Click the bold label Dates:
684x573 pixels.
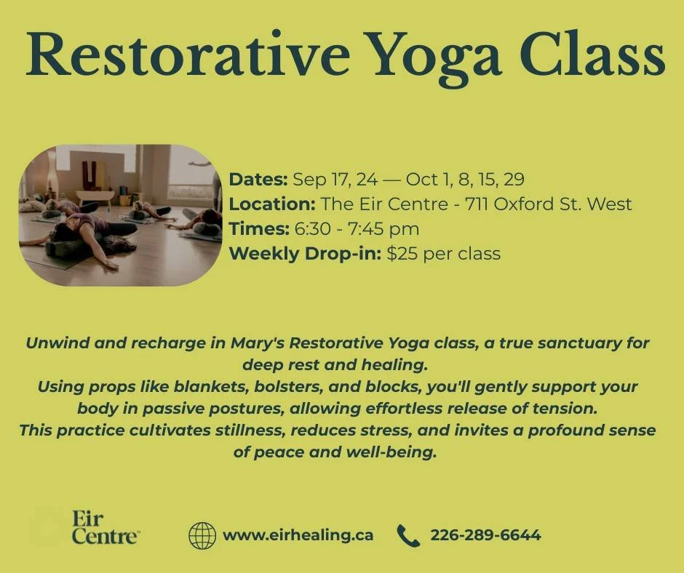pos(258,180)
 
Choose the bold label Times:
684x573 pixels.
pos(258,229)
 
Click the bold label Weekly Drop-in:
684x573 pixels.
pos(306,254)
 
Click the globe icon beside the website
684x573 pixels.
pos(202,536)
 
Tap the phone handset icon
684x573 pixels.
pos(408,536)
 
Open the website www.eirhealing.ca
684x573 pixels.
pos(298,536)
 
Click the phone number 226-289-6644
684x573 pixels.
pos(485,536)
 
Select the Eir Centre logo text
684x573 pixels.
pos(104,529)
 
